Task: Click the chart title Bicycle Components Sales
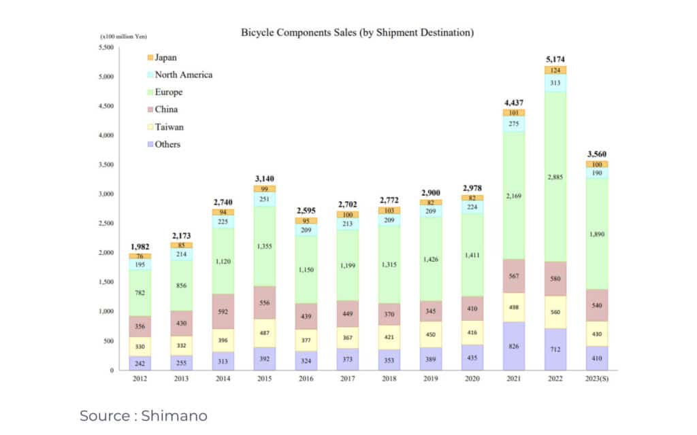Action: click(357, 32)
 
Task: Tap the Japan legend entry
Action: click(166, 58)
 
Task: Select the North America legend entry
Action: click(183, 75)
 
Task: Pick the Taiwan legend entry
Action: click(169, 127)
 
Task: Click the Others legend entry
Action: click(167, 144)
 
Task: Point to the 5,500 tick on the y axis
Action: click(106, 47)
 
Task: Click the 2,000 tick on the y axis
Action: click(106, 253)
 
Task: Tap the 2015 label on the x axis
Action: click(264, 379)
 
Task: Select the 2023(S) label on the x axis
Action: click(596, 379)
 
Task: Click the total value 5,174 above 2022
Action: click(555, 60)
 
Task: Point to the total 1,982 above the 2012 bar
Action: click(140, 247)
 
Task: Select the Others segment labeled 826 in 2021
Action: click(514, 346)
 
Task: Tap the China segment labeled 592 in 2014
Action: click(223, 312)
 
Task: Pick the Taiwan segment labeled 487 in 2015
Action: click(264, 333)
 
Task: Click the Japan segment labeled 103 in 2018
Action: click(389, 211)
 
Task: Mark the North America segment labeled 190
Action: click(597, 173)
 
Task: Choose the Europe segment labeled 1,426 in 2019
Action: click(431, 259)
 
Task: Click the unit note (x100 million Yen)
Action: click(124, 36)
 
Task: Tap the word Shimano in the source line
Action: click(174, 415)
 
